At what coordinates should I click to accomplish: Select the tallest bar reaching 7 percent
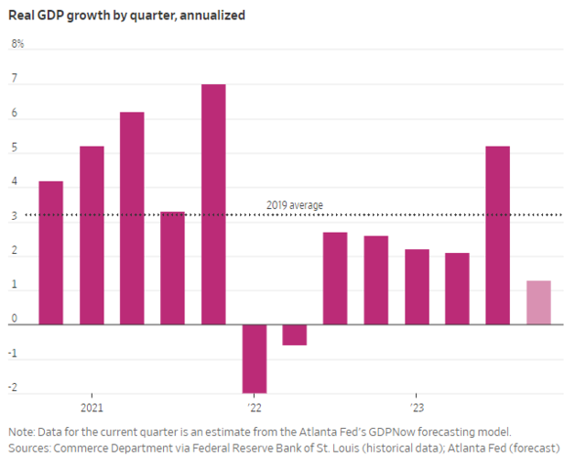(213, 203)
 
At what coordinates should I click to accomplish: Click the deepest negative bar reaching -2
(254, 358)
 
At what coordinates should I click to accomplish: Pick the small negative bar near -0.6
(295, 334)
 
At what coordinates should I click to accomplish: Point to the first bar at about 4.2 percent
(50, 253)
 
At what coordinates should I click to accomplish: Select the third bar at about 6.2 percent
(132, 218)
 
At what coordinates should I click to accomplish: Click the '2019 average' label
(294, 205)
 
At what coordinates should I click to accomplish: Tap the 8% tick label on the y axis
(17, 44)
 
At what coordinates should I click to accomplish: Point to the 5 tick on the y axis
(15, 152)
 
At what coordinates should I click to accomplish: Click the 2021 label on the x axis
(91, 408)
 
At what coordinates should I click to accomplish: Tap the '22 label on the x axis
(254, 408)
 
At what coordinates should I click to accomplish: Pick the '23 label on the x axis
(416, 408)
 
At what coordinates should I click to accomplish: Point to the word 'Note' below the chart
(21, 432)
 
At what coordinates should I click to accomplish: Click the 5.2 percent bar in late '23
(497, 235)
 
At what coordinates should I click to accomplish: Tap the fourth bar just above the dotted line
(172, 268)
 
